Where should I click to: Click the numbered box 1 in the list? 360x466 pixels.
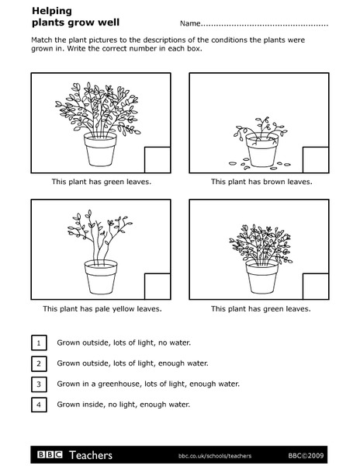[x=38, y=342]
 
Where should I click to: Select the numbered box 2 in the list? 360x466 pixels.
[x=38, y=363]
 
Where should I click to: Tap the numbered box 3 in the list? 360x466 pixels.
[x=38, y=384]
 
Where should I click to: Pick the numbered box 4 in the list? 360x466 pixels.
[x=38, y=405]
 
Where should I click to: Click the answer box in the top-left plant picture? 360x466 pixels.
[x=157, y=158]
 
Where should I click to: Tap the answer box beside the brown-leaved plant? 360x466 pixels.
[x=315, y=158]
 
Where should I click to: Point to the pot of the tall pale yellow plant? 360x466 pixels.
[x=102, y=277]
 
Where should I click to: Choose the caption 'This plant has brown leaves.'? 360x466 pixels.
[x=261, y=182]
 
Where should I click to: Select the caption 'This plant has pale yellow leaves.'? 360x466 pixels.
[x=102, y=309]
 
